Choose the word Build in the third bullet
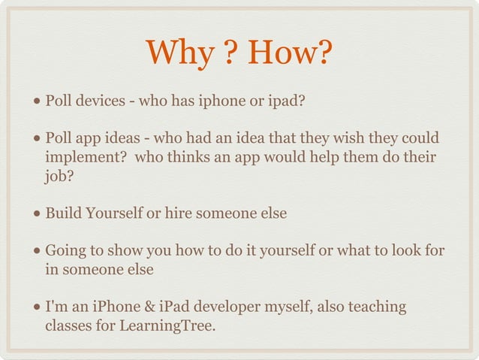click(63, 213)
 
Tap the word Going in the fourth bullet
click(66, 250)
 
